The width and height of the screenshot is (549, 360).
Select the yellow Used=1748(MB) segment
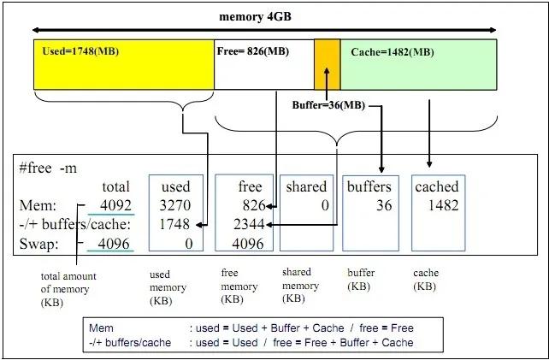click(123, 64)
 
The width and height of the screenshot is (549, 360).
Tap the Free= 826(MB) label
click(253, 51)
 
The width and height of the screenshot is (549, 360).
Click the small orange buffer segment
click(327, 64)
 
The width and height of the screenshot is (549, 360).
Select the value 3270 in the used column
click(174, 205)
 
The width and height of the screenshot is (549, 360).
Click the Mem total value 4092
click(115, 205)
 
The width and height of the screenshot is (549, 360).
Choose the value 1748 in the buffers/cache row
click(174, 224)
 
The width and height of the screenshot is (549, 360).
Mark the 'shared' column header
click(306, 186)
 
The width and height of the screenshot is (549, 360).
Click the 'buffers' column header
click(369, 186)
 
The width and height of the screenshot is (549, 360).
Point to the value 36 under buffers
click(383, 205)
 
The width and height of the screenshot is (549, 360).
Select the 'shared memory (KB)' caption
click(301, 286)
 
